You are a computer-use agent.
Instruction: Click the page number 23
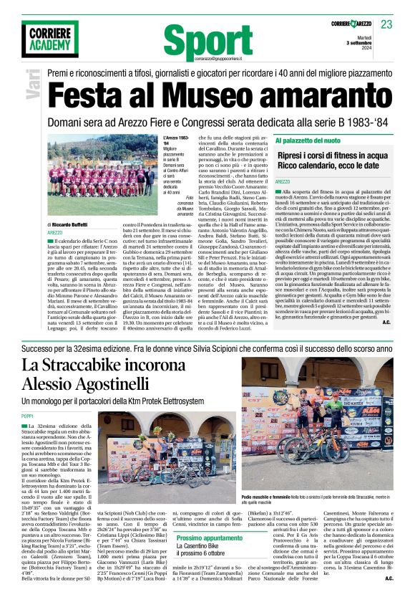tap(386, 25)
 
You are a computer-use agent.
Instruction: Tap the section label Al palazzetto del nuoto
tap(309, 140)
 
